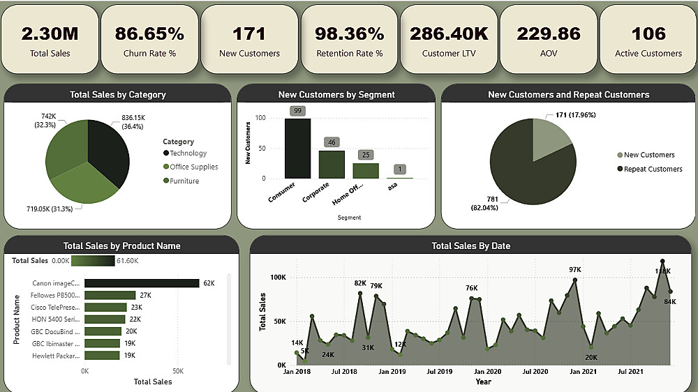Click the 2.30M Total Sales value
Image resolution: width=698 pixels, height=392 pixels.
50,33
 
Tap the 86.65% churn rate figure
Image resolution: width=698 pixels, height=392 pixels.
149,33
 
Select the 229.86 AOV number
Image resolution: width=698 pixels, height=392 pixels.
549,33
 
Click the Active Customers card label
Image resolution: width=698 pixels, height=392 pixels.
648,53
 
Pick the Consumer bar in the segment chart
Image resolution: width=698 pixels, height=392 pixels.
297,148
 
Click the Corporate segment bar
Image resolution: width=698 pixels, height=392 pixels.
332,164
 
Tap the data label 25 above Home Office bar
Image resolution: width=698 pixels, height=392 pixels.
366,155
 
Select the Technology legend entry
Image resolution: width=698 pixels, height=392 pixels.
188,153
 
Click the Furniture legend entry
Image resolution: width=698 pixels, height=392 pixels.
184,181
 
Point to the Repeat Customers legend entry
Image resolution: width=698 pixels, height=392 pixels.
653,169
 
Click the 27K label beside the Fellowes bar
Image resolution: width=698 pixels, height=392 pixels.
146,296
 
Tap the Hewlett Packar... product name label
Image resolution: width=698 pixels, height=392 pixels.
57,356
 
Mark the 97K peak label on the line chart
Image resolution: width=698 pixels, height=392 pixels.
575,270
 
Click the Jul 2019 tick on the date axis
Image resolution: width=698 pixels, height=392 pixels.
440,372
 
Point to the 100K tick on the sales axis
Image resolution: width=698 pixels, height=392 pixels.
279,278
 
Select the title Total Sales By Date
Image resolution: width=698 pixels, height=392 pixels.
470,246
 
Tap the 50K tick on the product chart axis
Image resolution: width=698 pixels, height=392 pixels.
178,371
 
